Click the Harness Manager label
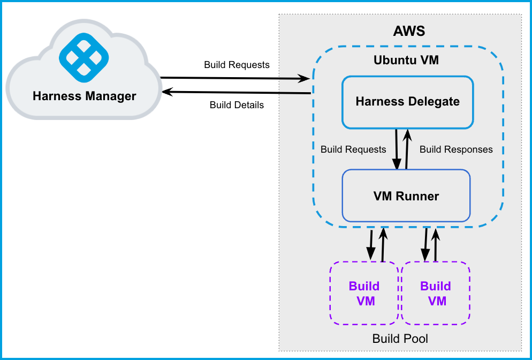pos(85,96)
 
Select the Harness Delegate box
pos(407,102)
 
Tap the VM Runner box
pos(406,196)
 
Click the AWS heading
pos(409,31)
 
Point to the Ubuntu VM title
pos(406,59)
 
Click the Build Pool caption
pos(400,339)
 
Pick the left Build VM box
pos(364,293)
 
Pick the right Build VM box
pos(436,293)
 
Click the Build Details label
pos(237,105)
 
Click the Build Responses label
pos(456,149)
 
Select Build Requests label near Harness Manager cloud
pos(237,65)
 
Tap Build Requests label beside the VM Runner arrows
pos(353,149)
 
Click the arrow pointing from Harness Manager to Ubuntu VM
pos(235,78)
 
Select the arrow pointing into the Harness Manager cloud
pos(235,93)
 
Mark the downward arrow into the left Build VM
pos(371,244)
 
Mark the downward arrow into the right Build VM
pos(427,244)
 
